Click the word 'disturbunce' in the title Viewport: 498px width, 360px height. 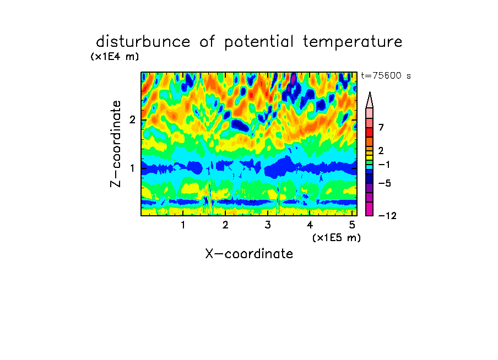tap(143, 42)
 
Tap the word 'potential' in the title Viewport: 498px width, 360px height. tap(259, 42)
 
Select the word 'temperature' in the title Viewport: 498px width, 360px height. tap(353, 42)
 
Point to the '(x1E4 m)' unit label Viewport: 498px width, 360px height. tap(115, 57)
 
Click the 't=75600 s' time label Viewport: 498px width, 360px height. tap(386, 75)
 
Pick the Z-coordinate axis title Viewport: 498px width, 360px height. tap(116, 144)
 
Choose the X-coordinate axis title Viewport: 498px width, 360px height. tap(249, 254)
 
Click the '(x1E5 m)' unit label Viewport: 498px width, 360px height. tap(337, 238)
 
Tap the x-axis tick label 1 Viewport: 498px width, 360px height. tap(183, 225)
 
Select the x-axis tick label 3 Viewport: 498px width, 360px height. tap(268, 225)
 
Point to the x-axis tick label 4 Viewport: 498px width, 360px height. tap(310, 225)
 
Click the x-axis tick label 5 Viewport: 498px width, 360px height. tap(352, 225)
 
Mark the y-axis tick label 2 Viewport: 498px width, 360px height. tap(132, 120)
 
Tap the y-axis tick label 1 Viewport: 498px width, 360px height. tap(132, 168)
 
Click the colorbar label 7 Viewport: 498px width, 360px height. tap(381, 127)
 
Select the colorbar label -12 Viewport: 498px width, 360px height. tap(387, 216)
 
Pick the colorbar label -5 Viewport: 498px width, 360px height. tap(385, 183)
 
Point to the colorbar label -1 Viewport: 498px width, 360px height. tap(384, 165)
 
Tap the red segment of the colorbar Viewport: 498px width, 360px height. tap(370, 132)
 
